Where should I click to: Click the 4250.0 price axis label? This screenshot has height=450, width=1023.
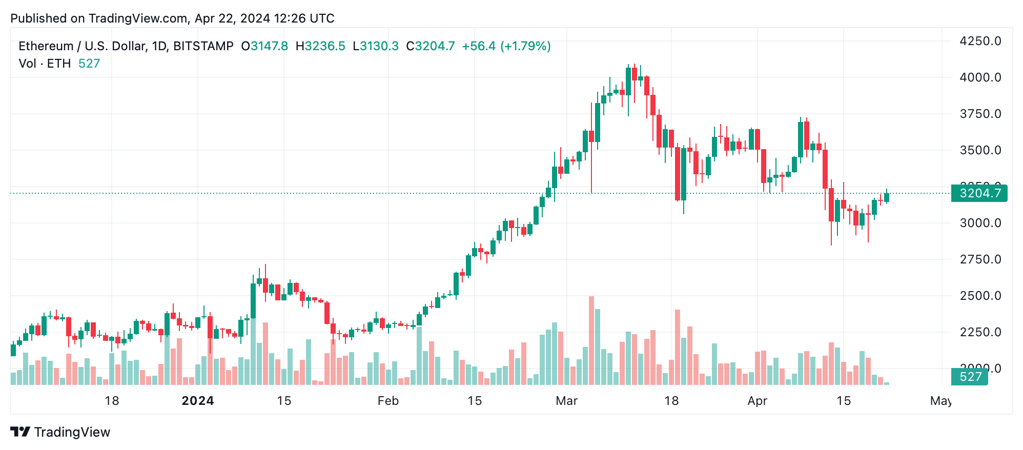point(980,41)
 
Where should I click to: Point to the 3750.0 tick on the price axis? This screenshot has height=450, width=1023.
point(980,114)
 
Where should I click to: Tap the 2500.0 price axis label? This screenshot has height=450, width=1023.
point(980,296)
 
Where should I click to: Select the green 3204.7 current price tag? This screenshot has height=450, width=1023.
point(979,193)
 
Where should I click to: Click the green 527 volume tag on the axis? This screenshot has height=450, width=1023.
point(970,377)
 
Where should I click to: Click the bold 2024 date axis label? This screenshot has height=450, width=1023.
point(198,401)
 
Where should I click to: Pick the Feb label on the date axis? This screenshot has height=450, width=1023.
point(388,401)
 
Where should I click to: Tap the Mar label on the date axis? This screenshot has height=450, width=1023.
point(566,401)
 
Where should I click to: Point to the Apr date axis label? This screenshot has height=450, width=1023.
point(757,401)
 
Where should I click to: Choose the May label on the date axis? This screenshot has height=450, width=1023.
point(940,401)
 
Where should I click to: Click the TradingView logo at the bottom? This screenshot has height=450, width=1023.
point(60,432)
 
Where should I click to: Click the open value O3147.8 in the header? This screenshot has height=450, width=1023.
point(264,46)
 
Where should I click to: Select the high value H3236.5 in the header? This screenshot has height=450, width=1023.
point(320,46)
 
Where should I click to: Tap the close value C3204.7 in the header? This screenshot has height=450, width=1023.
point(430,46)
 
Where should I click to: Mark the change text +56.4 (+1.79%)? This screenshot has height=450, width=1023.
point(506,46)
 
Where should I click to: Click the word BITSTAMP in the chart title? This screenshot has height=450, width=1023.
point(203,46)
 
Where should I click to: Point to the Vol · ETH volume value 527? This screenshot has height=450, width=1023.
point(89,64)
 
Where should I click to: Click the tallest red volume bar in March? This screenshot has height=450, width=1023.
point(591,341)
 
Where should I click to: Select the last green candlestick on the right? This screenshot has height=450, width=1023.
point(887,197)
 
